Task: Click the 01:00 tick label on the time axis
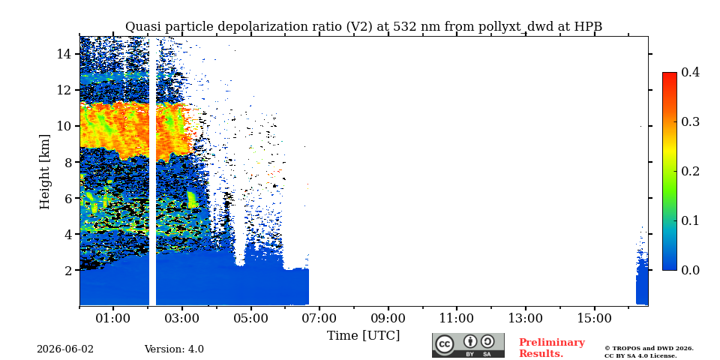click(113, 318)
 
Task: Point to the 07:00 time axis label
click(319, 318)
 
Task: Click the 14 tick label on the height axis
click(63, 54)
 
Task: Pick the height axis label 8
click(67, 162)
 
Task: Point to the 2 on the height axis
click(67, 270)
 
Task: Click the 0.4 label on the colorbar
click(690, 72)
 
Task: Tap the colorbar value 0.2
click(690, 171)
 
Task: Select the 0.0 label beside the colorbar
click(690, 270)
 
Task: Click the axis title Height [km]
click(44, 172)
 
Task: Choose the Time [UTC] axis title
click(363, 336)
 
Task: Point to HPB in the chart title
click(588, 26)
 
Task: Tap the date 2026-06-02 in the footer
click(65, 349)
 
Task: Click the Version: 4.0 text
click(174, 349)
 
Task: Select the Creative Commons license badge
click(468, 345)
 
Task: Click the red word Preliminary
click(552, 343)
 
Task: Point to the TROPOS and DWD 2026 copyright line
click(649, 349)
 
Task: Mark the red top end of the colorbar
click(670, 73)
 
